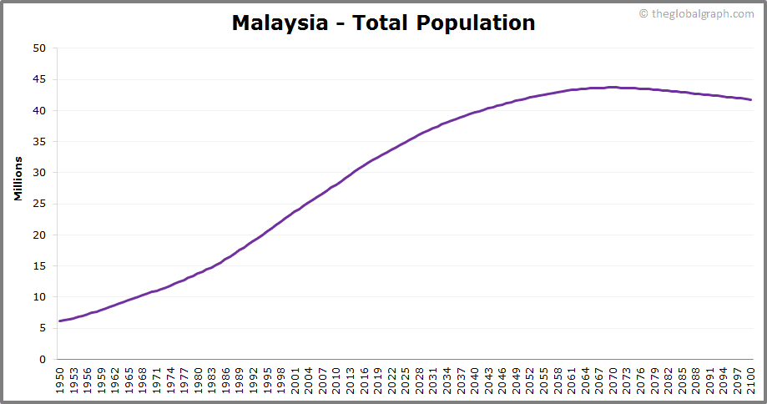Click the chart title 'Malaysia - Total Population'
point(383,23)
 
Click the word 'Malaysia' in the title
point(280,23)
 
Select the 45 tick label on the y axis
point(39,79)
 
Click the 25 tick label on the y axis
point(39,204)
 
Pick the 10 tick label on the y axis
point(39,297)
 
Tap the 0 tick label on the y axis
point(42,360)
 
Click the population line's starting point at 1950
point(59,321)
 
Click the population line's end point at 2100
point(751,100)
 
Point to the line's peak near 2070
point(613,87)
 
